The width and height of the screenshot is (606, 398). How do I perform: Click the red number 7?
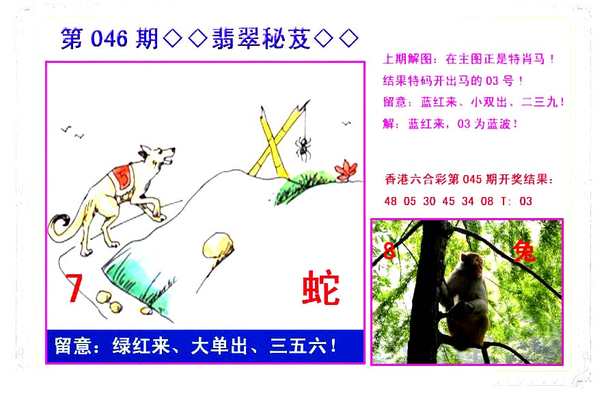click(74, 288)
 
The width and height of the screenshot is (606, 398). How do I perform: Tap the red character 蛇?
click(320, 288)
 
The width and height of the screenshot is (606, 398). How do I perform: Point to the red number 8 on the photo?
click(389, 251)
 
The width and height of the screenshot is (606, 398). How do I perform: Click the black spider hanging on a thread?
click(304, 148)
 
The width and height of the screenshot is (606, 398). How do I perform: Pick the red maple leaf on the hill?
click(346, 170)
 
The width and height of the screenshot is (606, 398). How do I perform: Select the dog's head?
click(157, 157)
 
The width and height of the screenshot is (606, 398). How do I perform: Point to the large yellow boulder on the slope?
click(218, 246)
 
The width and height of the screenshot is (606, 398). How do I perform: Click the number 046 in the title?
click(109, 39)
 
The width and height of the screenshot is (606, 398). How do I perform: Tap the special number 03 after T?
click(525, 201)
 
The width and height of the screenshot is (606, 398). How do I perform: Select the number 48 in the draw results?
click(390, 201)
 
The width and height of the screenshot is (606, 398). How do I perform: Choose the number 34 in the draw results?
click(467, 201)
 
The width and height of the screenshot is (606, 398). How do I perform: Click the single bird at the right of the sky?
click(346, 123)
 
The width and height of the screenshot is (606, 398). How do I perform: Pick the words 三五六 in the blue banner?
click(298, 346)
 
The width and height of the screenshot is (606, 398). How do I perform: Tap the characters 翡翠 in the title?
click(236, 39)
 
